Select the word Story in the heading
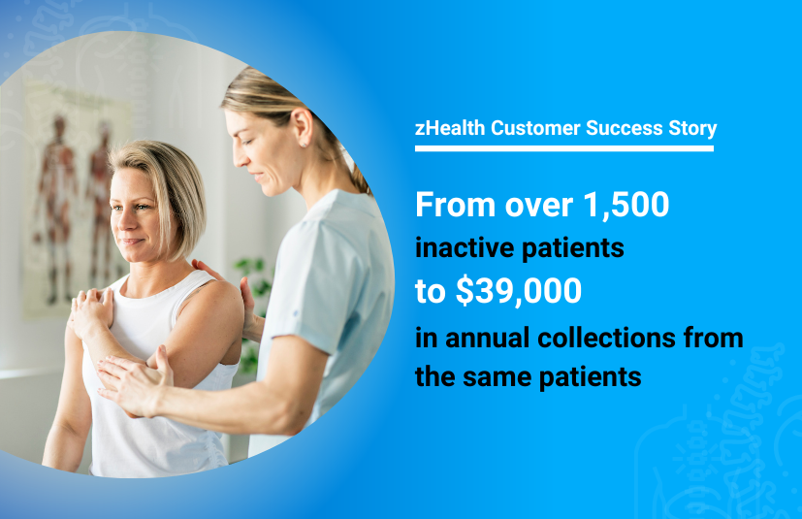(x=688, y=128)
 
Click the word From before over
(x=453, y=205)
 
